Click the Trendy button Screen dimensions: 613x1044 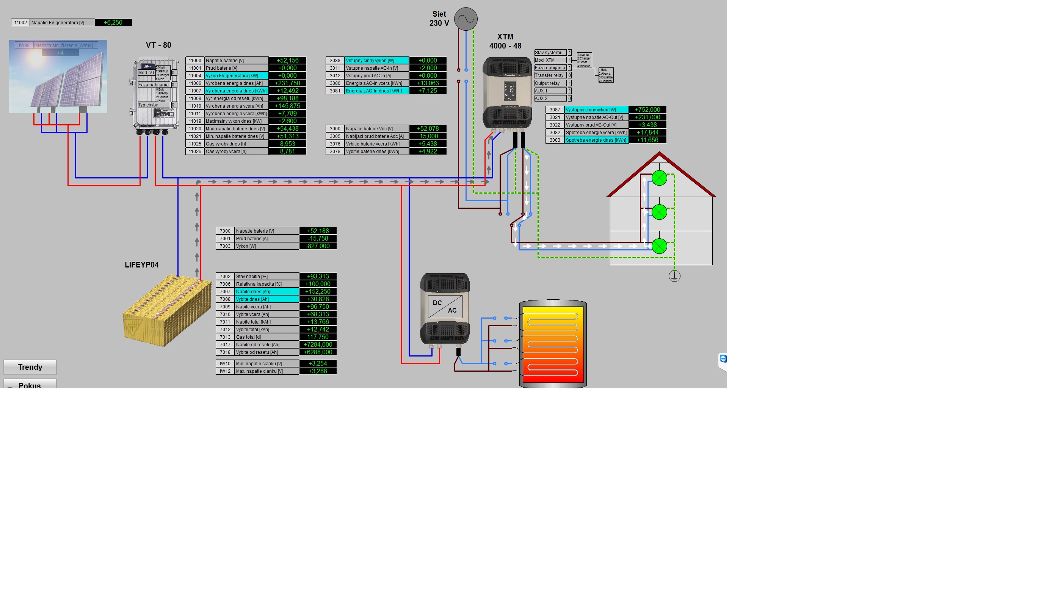[x=30, y=367]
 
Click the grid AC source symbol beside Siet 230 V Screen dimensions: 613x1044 [x=466, y=19]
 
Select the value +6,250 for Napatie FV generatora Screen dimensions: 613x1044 [x=113, y=22]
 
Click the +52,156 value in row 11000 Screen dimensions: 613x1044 [x=287, y=61]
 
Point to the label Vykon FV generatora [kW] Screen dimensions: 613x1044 [x=236, y=76]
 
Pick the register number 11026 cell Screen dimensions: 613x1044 [x=195, y=152]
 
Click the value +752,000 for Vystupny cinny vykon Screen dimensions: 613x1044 [x=647, y=110]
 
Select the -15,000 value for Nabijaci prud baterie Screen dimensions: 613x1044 [x=428, y=136]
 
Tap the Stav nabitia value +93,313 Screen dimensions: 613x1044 [x=318, y=277]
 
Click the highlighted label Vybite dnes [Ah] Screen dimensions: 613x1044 [x=266, y=299]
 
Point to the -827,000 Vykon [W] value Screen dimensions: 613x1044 [x=318, y=246]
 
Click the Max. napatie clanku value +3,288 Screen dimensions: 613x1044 [x=318, y=371]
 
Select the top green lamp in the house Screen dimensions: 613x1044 [x=659, y=178]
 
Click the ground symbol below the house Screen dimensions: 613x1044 [x=674, y=276]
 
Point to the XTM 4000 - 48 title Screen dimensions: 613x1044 [x=505, y=41]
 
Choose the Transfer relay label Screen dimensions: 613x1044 [x=550, y=75]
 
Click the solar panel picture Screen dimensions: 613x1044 [x=58, y=77]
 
